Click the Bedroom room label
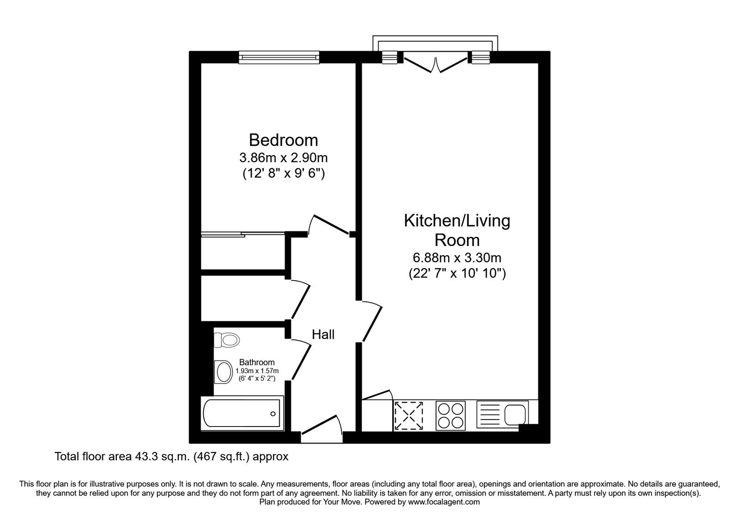tap(283, 140)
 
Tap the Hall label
tap(323, 334)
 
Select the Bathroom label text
tap(257, 362)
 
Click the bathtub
tap(242, 414)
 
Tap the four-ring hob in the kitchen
tap(451, 415)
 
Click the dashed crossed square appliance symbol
tap(409, 415)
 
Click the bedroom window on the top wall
tap(279, 57)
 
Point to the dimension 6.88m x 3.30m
tap(457, 258)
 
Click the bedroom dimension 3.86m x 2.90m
tap(283, 158)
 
